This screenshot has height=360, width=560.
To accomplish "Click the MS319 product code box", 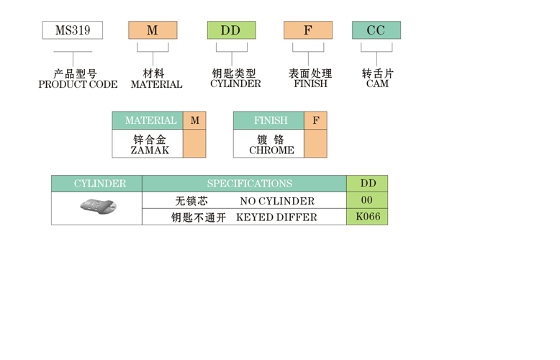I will coord(72,30).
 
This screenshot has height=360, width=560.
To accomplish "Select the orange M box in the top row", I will coord(153,30).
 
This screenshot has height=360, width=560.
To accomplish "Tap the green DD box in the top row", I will coord(231,30).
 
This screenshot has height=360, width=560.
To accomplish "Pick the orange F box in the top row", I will coord(308,30).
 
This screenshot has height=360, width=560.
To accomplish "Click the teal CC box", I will coord(376,30).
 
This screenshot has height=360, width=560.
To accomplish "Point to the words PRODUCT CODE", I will coord(78,84).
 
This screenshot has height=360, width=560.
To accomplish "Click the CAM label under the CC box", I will coord(377,84).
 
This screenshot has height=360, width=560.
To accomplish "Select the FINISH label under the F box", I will coord(310,84).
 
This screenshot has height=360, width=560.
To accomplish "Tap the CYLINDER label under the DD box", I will coord(235,84).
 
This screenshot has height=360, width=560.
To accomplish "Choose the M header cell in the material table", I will coord(194,120).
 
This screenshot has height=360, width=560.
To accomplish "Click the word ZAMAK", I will coord(150,150).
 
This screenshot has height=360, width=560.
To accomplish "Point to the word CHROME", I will coord(271,150).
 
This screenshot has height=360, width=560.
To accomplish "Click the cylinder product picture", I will coord(98,207).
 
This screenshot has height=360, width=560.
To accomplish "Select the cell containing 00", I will coord(367,200).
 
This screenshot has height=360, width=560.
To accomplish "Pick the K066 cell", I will coord(367,216).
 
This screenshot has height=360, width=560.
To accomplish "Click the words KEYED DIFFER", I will coord(276,217).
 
